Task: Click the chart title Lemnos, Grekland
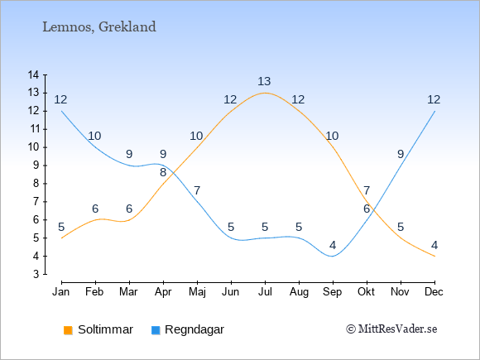(99, 27)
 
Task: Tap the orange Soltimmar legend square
(68, 330)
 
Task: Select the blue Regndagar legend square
(156, 330)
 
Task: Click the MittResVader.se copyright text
(391, 329)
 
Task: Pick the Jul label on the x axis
(265, 292)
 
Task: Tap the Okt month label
(366, 292)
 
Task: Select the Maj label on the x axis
(197, 292)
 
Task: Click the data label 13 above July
(264, 81)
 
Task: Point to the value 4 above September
(333, 245)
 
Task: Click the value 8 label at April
(163, 172)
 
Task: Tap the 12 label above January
(60, 99)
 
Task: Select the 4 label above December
(434, 245)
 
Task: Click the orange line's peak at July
(265, 93)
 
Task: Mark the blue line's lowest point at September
(333, 257)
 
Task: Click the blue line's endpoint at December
(434, 111)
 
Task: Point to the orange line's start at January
(62, 238)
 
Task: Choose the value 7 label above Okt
(367, 190)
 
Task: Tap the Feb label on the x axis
(94, 292)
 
